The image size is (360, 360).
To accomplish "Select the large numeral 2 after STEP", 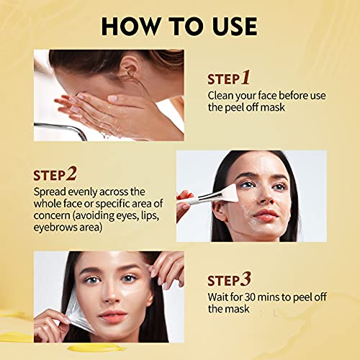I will click(72, 174).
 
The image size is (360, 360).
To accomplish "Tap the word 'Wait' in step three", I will click(219, 296).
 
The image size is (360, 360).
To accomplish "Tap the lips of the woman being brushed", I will click(266, 215).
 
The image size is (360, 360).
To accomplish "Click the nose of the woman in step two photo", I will click(265, 196).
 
